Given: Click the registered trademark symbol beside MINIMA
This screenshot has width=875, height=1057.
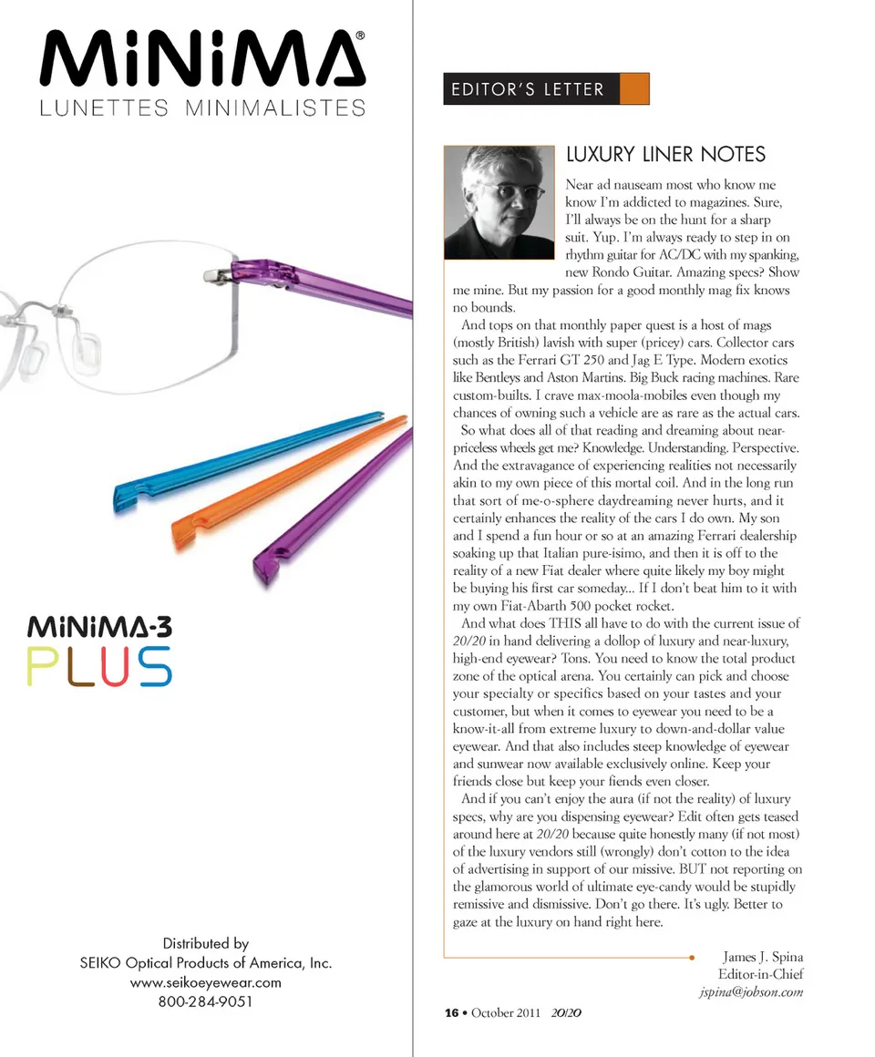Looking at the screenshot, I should [360, 36].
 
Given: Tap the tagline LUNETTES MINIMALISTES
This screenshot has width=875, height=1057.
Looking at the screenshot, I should [201, 108].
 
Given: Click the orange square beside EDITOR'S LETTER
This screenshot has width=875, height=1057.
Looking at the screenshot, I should [633, 89].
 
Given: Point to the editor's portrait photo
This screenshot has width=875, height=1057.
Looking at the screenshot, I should [499, 203].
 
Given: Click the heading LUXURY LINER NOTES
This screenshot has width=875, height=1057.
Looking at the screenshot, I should [665, 154].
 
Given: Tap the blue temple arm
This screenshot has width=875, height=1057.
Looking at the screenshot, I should [246, 457].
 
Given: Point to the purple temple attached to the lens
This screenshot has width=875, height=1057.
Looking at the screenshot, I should [319, 283].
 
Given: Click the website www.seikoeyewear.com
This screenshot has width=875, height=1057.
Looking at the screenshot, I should [205, 982].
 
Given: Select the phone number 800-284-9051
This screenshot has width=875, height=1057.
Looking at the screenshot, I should [205, 1002].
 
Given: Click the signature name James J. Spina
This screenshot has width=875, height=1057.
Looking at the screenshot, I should [762, 957].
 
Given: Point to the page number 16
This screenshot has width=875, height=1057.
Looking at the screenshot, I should [450, 1013].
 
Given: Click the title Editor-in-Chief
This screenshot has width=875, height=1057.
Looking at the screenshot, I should [760, 974].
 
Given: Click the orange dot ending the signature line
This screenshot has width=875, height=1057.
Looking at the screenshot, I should [693, 957].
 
